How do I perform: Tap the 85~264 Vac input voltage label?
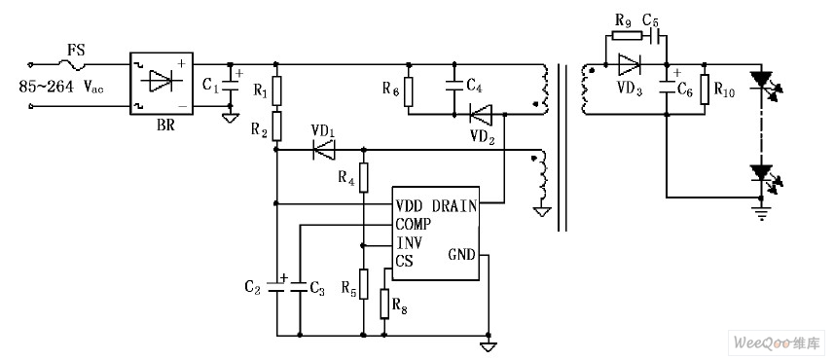[61, 88]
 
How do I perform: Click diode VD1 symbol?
[322, 150]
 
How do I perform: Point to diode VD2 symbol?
[479, 115]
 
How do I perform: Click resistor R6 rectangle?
[409, 92]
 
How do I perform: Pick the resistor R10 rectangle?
[706, 91]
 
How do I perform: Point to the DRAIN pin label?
[453, 205]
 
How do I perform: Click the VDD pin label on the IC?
[412, 205]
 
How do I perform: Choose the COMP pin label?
[415, 223]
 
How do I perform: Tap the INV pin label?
[410, 241]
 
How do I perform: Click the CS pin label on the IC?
[404, 259]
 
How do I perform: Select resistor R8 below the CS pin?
[385, 303]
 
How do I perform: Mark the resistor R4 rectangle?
[364, 178]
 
